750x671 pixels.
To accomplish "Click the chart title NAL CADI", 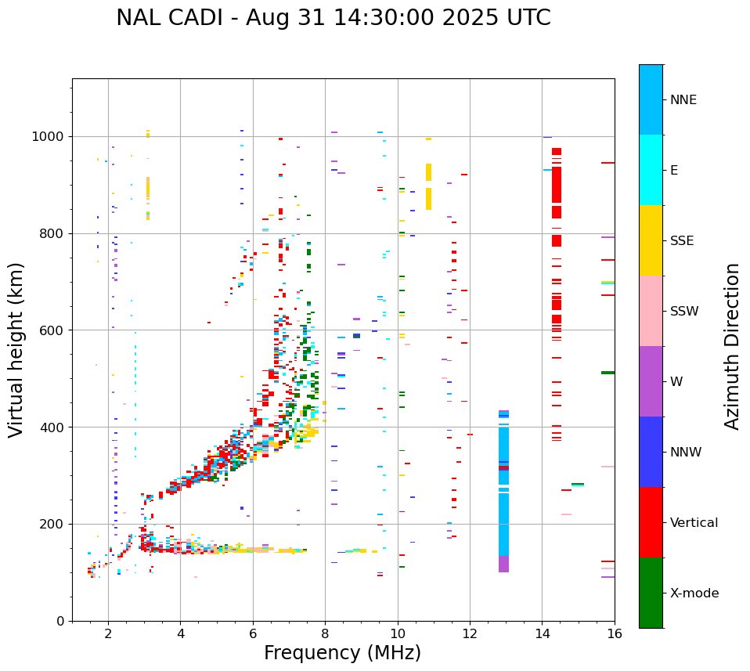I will tap(333, 18).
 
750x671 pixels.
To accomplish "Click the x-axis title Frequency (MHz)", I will tap(342, 653).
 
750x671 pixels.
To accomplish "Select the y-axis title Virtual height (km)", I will tap(16, 349).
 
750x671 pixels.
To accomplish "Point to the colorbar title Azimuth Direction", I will tap(732, 345).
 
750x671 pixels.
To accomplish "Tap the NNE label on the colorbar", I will tap(683, 100).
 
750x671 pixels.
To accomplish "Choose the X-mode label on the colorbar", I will tap(694, 593).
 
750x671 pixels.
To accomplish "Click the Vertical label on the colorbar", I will tap(694, 523).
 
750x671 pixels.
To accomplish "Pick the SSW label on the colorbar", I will tap(684, 312).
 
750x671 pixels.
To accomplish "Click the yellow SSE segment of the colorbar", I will tap(651, 240).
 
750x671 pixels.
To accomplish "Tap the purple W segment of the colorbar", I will tap(651, 381).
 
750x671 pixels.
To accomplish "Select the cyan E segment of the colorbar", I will tap(651, 170).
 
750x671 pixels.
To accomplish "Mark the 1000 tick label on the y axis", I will tap(49, 137).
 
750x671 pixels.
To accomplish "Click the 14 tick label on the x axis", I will tap(542, 633).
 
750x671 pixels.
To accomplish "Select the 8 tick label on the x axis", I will tap(325, 633).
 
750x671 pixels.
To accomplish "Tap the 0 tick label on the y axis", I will tap(60, 621).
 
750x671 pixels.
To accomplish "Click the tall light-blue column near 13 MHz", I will tap(503, 485).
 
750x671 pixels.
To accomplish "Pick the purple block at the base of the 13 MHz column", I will tap(503, 564).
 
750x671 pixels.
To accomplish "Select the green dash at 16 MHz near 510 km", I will tap(608, 373).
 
